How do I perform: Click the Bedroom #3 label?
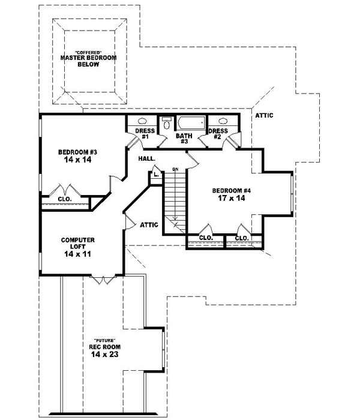click(x=78, y=152)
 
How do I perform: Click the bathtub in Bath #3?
click(x=190, y=123)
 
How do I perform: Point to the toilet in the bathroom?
click(x=167, y=123)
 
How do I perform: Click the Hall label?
click(x=146, y=158)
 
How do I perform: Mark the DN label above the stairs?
click(x=176, y=169)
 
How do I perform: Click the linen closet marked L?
click(x=155, y=175)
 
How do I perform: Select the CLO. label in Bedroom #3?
click(x=65, y=199)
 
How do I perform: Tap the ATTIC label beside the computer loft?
click(x=149, y=225)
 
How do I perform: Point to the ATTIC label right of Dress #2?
click(x=263, y=115)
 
